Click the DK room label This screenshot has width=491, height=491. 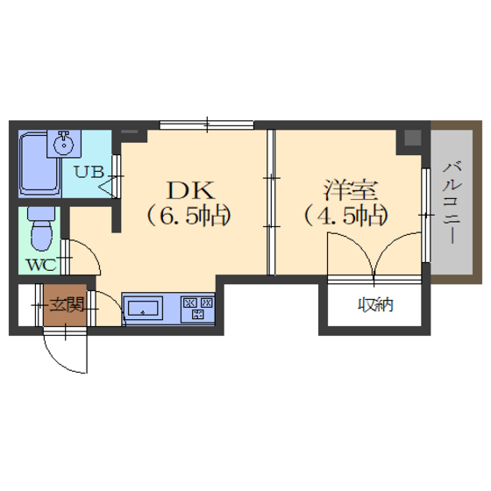(x=191, y=190)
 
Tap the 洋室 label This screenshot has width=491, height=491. (x=351, y=190)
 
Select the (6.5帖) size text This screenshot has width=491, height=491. (x=189, y=216)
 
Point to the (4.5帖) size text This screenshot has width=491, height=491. (x=346, y=216)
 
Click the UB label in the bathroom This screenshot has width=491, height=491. (x=89, y=172)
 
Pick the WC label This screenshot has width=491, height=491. (x=42, y=265)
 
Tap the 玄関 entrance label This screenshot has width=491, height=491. (x=68, y=304)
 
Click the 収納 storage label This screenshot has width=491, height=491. (x=375, y=305)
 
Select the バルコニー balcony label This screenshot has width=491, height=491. (x=452, y=203)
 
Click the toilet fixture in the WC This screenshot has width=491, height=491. (x=42, y=229)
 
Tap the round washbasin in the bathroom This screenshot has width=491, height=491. (x=63, y=145)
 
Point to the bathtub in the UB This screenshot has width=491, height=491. (x=39, y=164)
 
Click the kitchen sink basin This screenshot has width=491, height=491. (x=143, y=308)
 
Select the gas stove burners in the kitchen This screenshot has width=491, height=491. (x=198, y=308)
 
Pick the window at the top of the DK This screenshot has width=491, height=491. (x=207, y=125)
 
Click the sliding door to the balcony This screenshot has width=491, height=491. (x=425, y=216)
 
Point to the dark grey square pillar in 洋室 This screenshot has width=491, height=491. (x=412, y=138)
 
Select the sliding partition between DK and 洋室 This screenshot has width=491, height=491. (x=271, y=203)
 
